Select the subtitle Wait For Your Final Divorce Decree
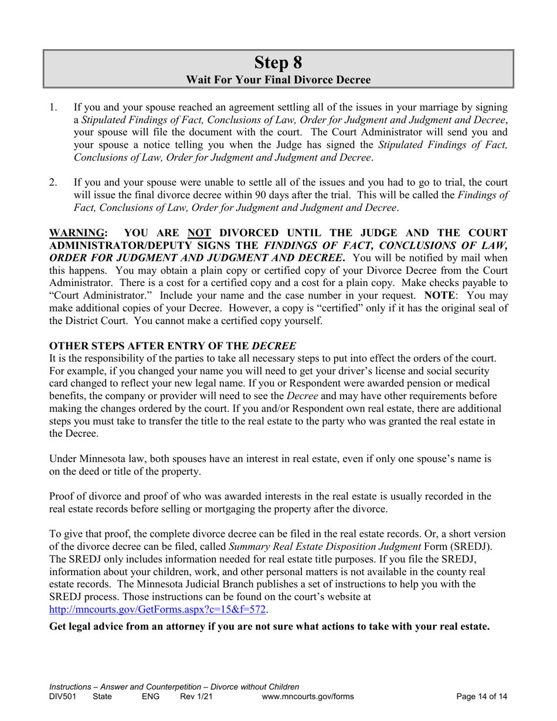point(278,79)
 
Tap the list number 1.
point(53,107)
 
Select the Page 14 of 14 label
point(481,697)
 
